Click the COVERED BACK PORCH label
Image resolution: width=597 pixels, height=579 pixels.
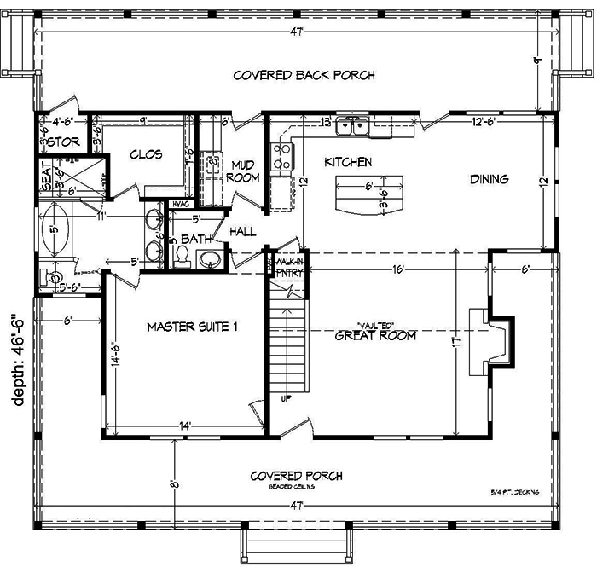(304, 76)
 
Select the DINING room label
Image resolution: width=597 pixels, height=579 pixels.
(489, 180)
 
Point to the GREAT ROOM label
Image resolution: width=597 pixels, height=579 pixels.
(376, 336)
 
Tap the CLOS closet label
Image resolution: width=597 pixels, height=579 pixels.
(147, 154)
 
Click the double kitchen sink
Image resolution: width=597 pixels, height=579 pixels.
(352, 127)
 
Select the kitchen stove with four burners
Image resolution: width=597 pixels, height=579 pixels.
(282, 156)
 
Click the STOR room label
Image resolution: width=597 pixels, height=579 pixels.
(61, 142)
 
